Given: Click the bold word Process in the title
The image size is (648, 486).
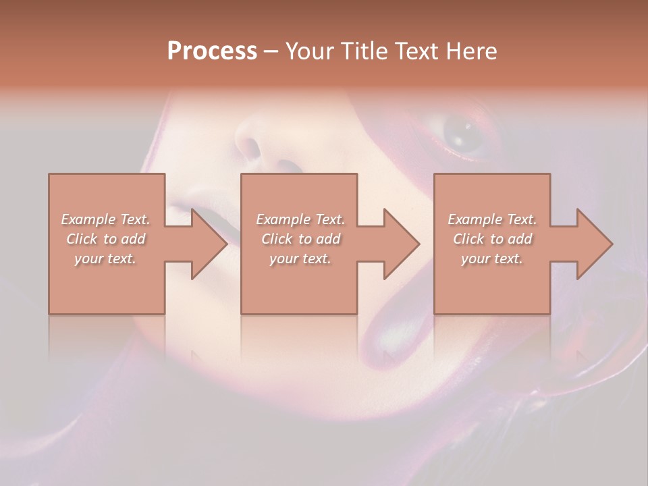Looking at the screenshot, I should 212,51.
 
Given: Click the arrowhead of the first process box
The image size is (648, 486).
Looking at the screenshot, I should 209,244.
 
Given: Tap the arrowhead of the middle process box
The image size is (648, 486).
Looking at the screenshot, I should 402,244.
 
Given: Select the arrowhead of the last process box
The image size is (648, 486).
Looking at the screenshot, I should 595,244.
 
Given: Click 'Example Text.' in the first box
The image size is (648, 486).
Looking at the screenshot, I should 105,219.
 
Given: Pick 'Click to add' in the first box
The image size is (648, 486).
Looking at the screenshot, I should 106,239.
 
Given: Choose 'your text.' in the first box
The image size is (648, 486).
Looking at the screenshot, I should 105,259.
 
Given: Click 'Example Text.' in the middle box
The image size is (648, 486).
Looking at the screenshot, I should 300,219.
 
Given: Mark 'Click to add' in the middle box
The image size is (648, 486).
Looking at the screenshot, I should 300,239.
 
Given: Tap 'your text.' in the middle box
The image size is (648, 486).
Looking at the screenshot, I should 300,259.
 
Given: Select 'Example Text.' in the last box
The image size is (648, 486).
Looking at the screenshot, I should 492,219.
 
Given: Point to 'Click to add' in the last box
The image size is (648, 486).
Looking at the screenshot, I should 492,239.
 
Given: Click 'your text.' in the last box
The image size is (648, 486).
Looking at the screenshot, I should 492,259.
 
